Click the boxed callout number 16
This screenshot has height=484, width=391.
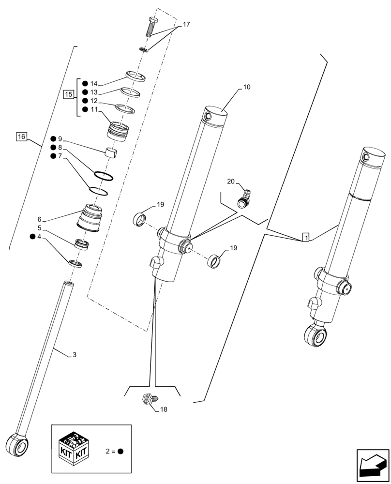(21, 136)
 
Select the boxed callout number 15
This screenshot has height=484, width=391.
(68, 95)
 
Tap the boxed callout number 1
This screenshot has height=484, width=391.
(305, 237)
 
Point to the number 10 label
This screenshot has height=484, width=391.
(246, 88)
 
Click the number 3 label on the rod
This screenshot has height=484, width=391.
(74, 355)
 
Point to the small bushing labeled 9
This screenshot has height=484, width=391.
(112, 153)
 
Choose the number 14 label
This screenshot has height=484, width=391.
(93, 83)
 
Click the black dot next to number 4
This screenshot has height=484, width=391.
(32, 237)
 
